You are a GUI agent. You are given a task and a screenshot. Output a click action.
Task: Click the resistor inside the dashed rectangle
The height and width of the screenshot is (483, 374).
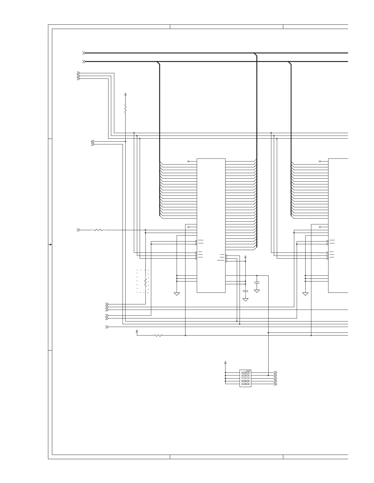145,281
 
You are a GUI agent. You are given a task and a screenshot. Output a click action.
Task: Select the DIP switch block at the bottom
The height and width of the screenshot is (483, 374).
245,378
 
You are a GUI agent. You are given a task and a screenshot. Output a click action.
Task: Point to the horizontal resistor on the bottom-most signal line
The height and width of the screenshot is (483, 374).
158,336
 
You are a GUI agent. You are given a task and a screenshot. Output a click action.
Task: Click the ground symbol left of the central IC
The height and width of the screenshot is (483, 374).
177,294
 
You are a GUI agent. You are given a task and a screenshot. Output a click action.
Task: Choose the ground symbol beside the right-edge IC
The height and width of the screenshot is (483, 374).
305,294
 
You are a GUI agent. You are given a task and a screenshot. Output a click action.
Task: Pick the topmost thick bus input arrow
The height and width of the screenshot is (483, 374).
84,53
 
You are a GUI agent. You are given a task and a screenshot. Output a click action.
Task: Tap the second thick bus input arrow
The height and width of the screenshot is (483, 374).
84,62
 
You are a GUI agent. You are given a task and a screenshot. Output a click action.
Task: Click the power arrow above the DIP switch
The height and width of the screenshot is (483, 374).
226,362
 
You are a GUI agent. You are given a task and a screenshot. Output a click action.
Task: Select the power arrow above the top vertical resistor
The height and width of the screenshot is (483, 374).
125,94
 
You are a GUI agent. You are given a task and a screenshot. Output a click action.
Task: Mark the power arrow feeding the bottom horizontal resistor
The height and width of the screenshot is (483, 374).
137,331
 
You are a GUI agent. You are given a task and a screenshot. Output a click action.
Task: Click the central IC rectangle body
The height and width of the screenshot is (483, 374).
211,225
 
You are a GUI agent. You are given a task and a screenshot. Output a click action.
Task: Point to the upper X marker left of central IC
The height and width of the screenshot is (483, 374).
188,161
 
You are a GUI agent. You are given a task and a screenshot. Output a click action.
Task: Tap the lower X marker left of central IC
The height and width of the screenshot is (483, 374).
188,227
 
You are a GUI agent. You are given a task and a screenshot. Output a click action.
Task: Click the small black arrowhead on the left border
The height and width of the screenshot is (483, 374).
50,245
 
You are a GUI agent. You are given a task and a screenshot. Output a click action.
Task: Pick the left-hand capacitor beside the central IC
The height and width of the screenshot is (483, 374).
245,291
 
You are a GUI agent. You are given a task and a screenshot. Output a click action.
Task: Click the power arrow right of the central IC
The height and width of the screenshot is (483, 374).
245,257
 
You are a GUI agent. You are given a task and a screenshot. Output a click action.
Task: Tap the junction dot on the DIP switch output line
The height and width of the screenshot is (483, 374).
268,376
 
